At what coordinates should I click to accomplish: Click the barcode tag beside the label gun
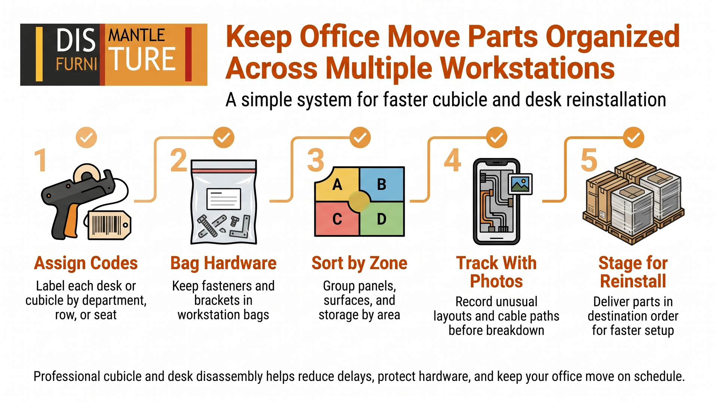pyautogui.click(x=109, y=225)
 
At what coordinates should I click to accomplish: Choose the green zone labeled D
pyautogui.click(x=382, y=219)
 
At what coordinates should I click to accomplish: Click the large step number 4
pyautogui.click(x=452, y=160)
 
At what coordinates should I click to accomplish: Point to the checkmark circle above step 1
pyautogui.click(x=86, y=138)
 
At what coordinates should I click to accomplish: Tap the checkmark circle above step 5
pyautogui.click(x=633, y=138)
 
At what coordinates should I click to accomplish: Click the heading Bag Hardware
pyautogui.click(x=223, y=263)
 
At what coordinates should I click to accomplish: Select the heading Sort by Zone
pyautogui.click(x=359, y=263)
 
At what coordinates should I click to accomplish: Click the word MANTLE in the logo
pyautogui.click(x=136, y=36)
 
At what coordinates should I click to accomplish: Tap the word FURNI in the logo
pyautogui.click(x=76, y=64)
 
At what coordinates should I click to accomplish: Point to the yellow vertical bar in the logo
pyautogui.click(x=39, y=54)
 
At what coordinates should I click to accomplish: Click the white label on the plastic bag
pyautogui.click(x=224, y=198)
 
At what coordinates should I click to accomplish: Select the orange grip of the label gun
pyautogui.click(x=71, y=221)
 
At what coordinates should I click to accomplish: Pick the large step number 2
pyautogui.click(x=178, y=160)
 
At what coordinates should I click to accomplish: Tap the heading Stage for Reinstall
pyautogui.click(x=633, y=272)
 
